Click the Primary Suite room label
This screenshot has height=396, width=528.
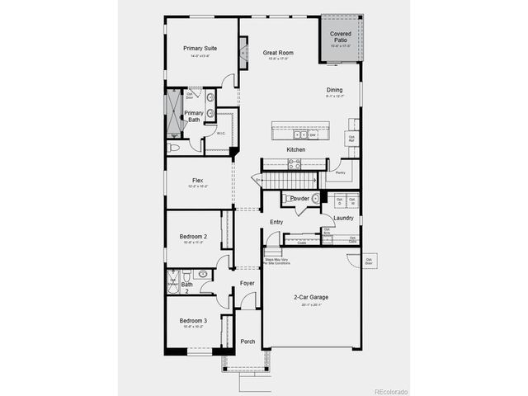200,48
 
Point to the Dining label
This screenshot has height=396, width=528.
334,91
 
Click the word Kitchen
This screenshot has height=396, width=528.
296,149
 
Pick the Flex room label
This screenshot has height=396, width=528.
198,181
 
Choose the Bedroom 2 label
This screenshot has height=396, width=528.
193,238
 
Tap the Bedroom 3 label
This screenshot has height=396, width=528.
193,320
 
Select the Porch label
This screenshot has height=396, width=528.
247,342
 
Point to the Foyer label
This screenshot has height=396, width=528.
247,284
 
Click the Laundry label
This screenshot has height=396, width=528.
344,218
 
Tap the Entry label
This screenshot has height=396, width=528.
276,222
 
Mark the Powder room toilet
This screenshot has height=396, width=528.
315,199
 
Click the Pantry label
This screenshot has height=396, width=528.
340,173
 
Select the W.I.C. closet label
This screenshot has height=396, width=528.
221,134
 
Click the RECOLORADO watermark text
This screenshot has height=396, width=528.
396,391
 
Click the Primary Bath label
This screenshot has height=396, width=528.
193,116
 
